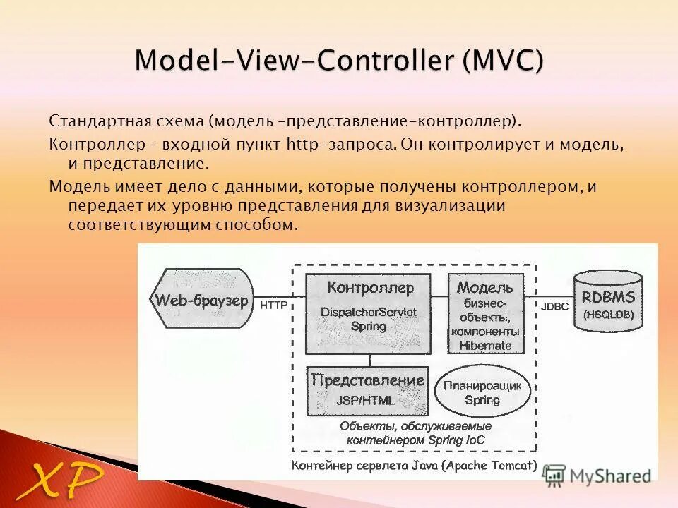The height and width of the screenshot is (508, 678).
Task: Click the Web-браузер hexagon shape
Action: coord(201,299)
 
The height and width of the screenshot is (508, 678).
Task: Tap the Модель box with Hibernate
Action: coord(485,314)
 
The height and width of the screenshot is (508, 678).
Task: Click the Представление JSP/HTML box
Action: coord(367,390)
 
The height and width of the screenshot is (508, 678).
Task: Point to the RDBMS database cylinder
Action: coord(608,301)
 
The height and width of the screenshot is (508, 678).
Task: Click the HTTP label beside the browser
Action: coord(273,306)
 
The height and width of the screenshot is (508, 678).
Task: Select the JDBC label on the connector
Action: coord(554,307)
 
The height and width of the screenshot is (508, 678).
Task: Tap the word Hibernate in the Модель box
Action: coord(485,345)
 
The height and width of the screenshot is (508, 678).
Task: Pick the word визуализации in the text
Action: coord(459,206)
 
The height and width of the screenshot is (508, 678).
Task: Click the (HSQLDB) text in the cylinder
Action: coord(608,315)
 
